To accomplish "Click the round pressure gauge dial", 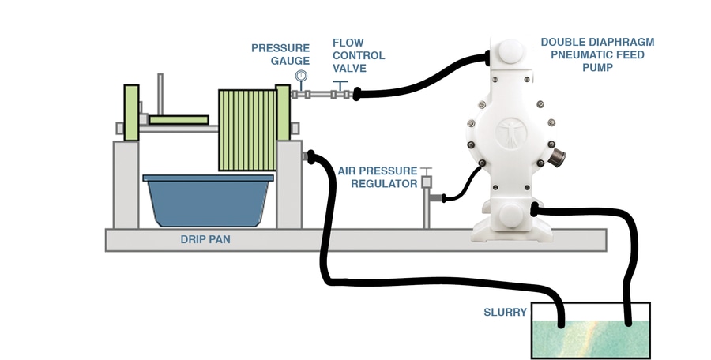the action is (301, 75).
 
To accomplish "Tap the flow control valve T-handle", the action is (340, 84).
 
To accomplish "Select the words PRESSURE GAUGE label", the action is (280, 54).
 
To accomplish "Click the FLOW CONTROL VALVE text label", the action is (359, 55).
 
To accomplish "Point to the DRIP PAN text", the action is (205, 239).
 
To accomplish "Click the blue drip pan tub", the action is (208, 201).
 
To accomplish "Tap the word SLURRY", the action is (505, 312).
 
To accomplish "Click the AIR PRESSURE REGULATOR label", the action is (378, 178).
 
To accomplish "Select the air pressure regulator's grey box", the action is (427, 182).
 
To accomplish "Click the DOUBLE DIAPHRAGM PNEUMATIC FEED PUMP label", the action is (598, 54).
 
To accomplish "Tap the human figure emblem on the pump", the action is (511, 133).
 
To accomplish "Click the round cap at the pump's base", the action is (511, 214).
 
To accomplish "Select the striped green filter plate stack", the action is (247, 130).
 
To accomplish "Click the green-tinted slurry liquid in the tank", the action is (591, 339).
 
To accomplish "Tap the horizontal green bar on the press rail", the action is (179, 120).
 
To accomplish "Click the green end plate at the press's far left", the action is (131, 112).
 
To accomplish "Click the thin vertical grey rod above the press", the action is (160, 94).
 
